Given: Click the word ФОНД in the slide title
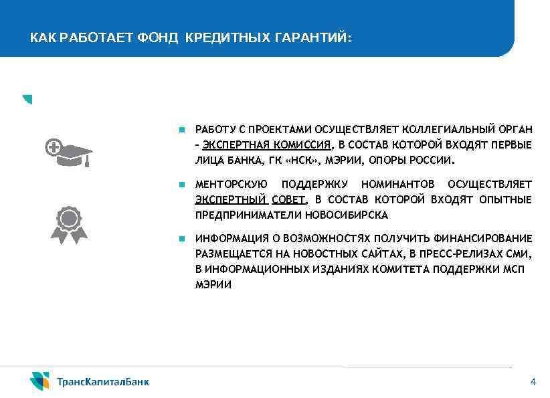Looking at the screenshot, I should (158, 38).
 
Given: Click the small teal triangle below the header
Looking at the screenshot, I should (27, 100).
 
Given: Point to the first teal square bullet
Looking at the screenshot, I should (181, 128).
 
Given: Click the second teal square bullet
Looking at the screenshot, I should (181, 183).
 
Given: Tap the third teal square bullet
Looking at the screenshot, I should (181, 238).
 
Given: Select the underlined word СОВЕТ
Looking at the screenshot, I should (288, 199).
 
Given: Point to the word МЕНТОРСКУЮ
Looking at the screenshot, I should (231, 184).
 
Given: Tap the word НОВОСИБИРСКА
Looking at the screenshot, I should (346, 215).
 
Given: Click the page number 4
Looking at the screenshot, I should (533, 382).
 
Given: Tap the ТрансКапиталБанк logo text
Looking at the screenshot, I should (103, 382).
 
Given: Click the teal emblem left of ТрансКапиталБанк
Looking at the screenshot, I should (39, 381).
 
